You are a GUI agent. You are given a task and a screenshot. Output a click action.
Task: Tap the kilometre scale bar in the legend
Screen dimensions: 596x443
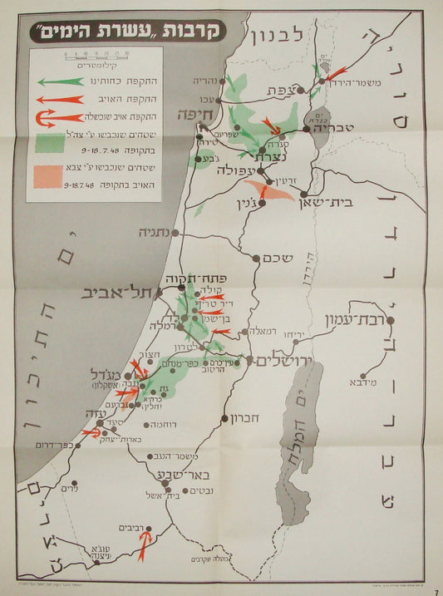95,56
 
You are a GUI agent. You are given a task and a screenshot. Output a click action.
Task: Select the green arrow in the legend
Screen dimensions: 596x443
59,81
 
